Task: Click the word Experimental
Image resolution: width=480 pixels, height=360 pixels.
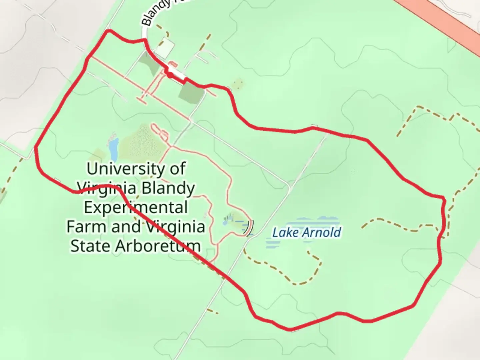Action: pyautogui.click(x=136, y=207)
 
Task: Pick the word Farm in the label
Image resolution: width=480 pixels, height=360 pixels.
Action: pyautogui.click(x=87, y=227)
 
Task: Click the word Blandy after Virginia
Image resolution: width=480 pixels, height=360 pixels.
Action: pyautogui.click(x=168, y=188)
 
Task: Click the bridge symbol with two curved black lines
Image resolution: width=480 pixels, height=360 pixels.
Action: pyautogui.click(x=249, y=228)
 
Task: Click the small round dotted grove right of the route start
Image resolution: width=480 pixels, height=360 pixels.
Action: pyautogui.click(x=238, y=84)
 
